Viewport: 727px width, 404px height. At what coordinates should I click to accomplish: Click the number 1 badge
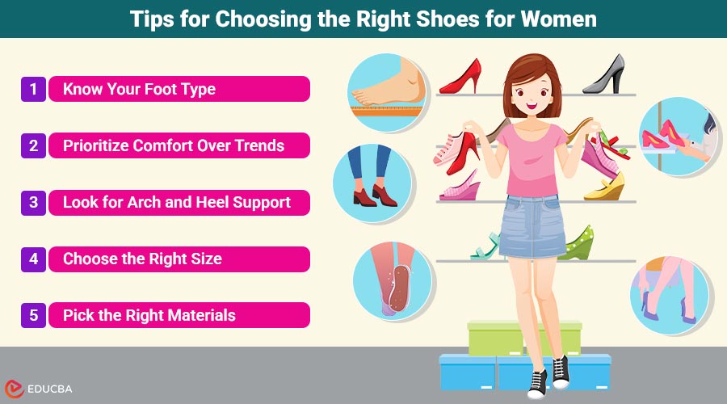tap(33, 89)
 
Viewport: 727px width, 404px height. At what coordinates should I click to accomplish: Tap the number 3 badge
tap(33, 202)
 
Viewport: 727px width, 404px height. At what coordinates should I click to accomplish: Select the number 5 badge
tap(33, 315)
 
